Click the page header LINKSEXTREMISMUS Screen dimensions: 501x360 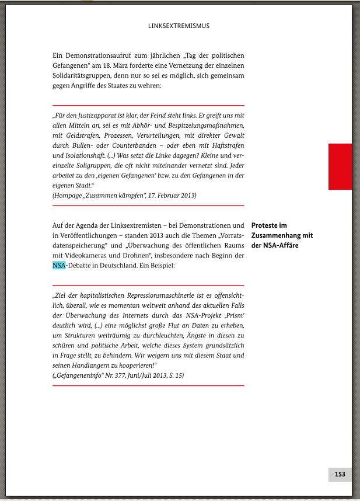[x=180, y=26]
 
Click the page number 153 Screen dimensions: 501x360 [x=340, y=474]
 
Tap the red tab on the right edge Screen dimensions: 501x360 [x=340, y=166]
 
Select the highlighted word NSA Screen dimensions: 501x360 [x=59, y=265]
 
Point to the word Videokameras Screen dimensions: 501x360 [x=85, y=255]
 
